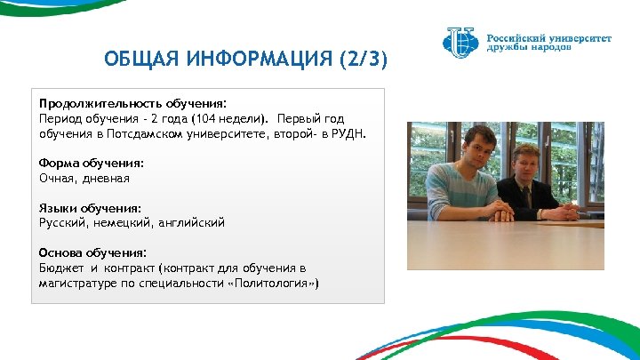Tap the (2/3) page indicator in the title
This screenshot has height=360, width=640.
click(362, 61)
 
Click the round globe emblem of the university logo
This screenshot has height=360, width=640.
click(460, 41)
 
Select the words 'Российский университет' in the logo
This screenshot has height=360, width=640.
click(548, 38)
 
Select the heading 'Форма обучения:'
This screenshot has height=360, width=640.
click(91, 164)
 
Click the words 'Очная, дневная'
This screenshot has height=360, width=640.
click(84, 179)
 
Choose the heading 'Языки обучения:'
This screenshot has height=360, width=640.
click(90, 208)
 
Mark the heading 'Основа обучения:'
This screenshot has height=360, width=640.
click(92, 253)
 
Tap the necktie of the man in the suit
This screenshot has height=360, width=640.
click(526, 197)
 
